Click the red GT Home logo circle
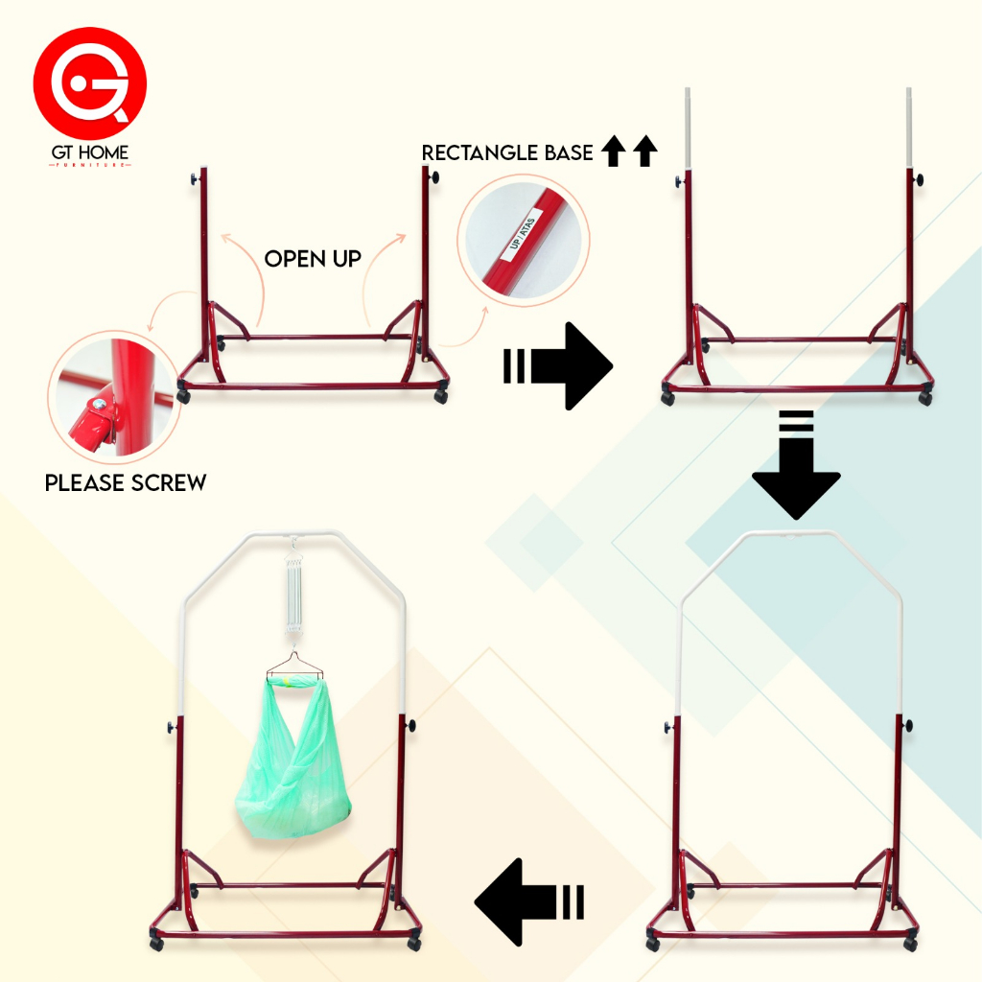89,83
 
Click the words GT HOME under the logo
90,152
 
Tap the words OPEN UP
313,259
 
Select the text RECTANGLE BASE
507,152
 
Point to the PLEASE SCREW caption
126,483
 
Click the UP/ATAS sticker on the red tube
522,234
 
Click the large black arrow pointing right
558,365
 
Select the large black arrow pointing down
796,465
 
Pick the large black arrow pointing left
529,901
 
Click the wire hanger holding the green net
294,666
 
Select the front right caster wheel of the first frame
441,396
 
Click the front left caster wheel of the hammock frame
156,944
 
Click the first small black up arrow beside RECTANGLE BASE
613,151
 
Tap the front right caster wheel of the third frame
911,944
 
